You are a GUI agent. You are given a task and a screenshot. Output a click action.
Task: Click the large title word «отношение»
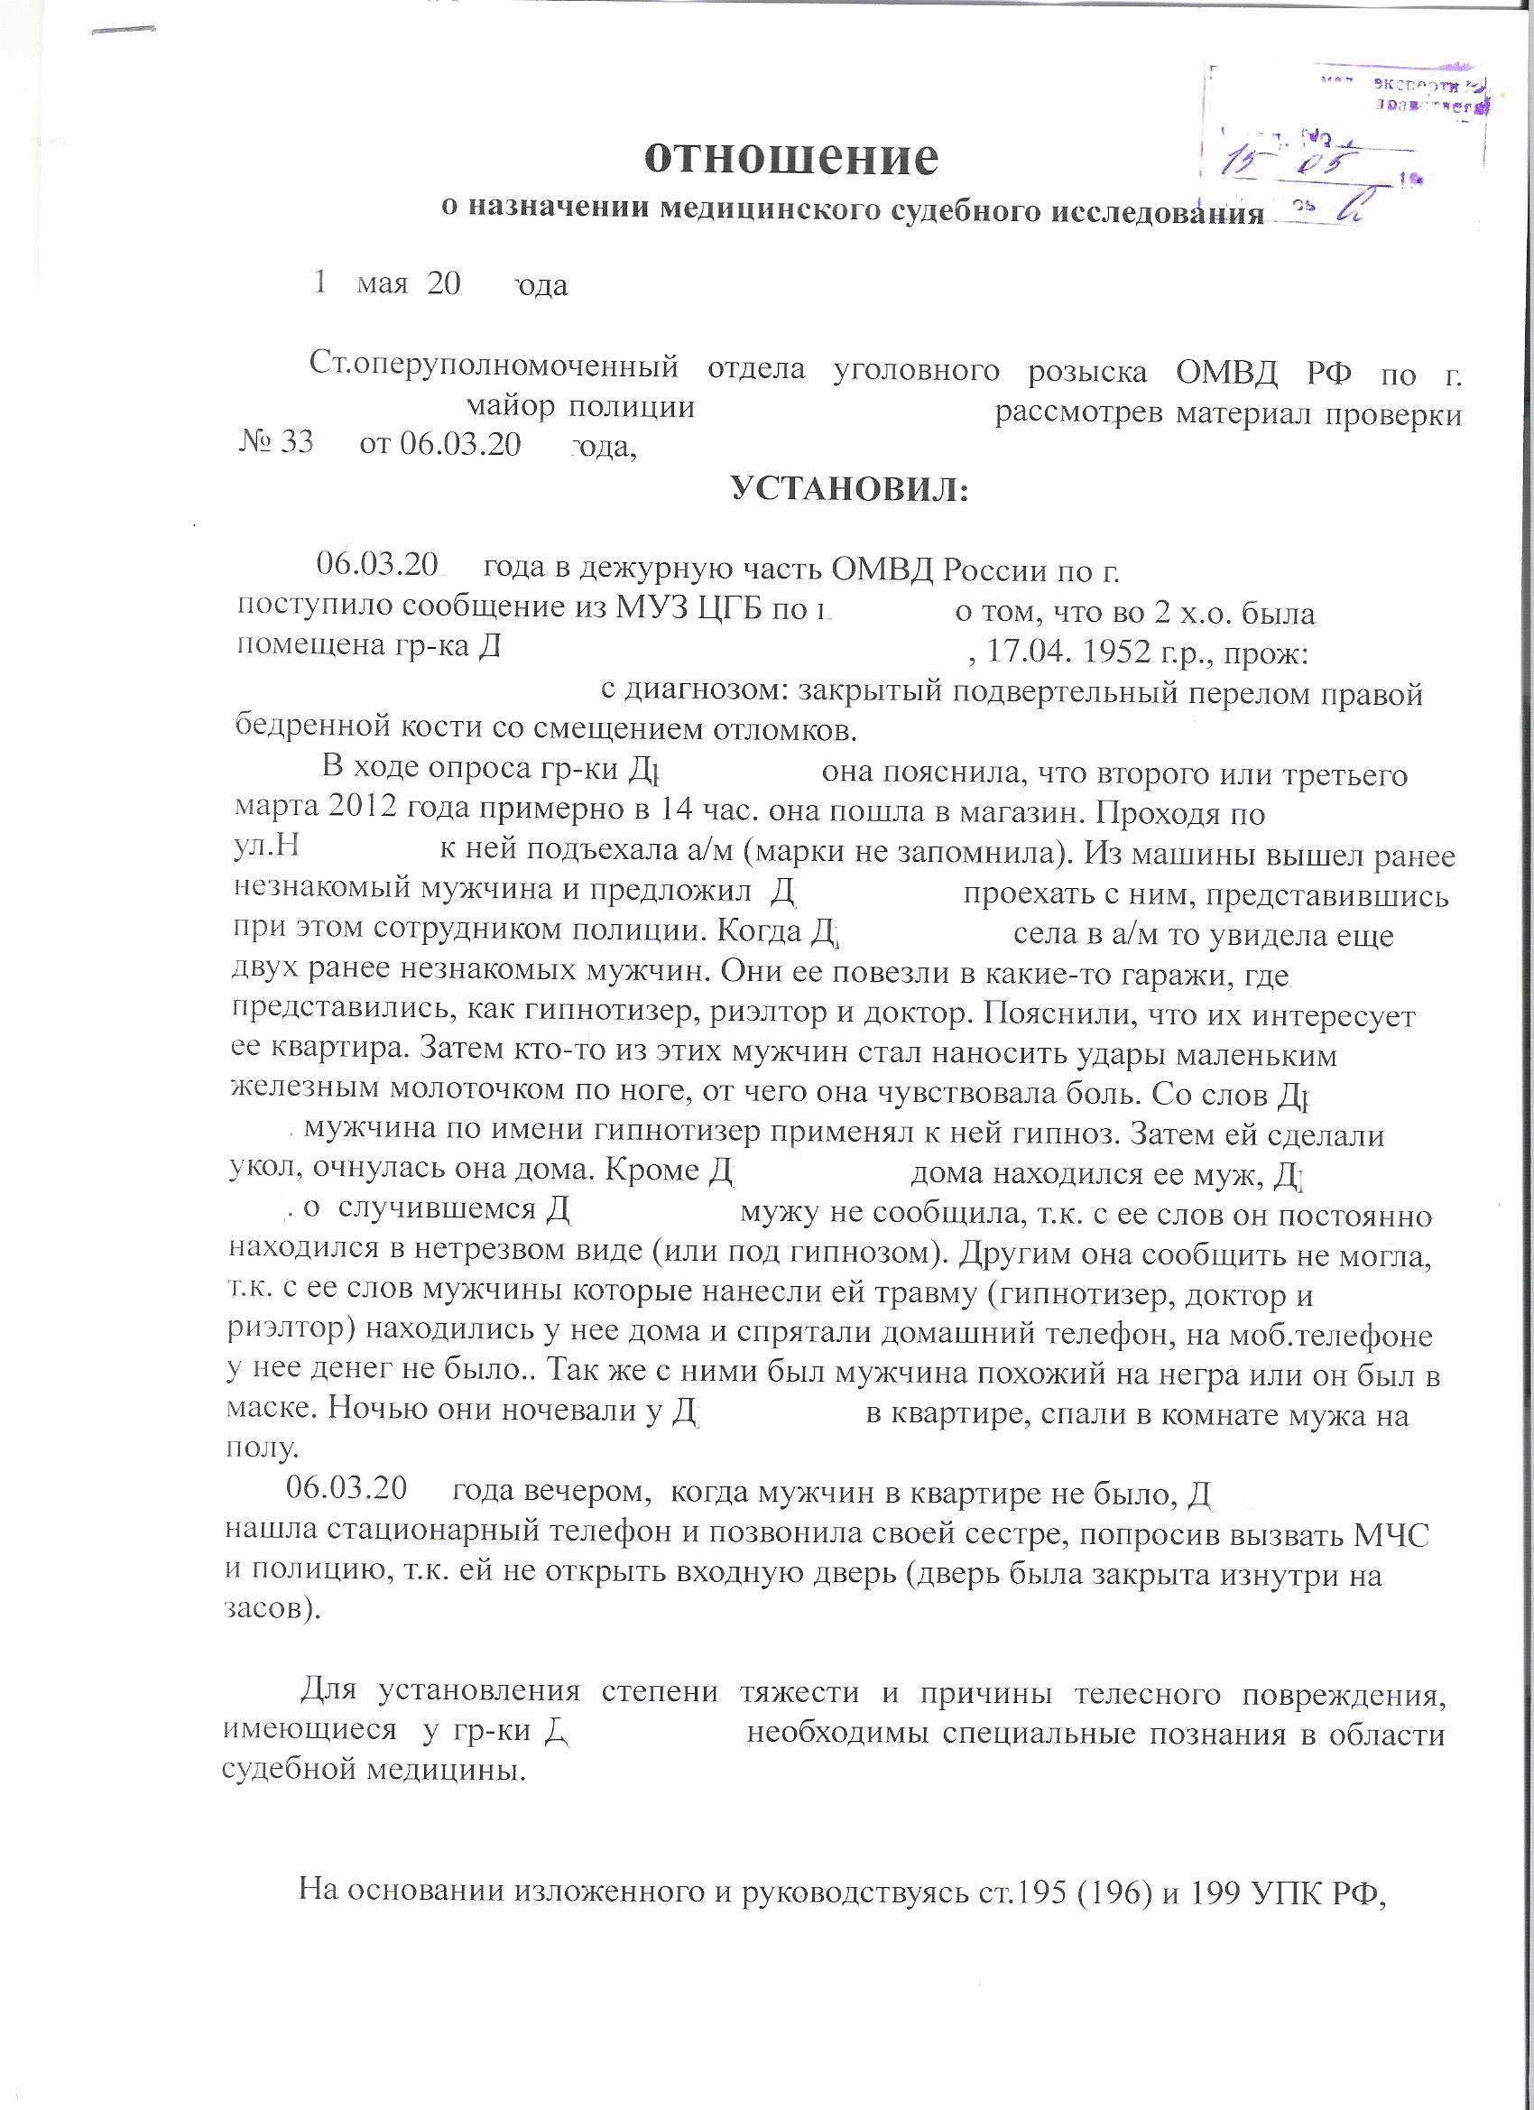[x=791, y=156]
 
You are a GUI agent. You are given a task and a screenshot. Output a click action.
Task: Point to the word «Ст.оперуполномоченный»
[x=494, y=366]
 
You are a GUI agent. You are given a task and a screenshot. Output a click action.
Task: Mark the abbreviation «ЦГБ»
[x=725, y=608]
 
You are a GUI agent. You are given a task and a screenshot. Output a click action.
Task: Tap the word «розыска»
[x=1086, y=371]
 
